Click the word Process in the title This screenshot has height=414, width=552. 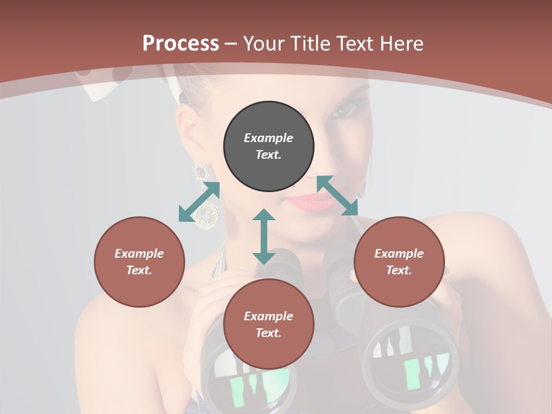[x=181, y=44]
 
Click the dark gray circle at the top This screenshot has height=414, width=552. [x=269, y=147]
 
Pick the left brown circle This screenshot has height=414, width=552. [x=139, y=262]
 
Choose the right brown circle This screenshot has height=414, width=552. [x=399, y=262]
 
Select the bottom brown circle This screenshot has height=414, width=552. [x=269, y=324]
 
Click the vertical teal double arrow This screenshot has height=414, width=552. [x=264, y=236]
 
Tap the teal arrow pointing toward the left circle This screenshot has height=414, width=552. [x=199, y=202]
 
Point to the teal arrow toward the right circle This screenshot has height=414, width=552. [x=338, y=195]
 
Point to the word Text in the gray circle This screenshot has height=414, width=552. [x=269, y=155]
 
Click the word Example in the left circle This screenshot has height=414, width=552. [x=139, y=254]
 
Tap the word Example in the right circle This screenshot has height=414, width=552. [x=399, y=254]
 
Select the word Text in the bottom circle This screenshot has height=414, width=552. [x=269, y=333]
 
